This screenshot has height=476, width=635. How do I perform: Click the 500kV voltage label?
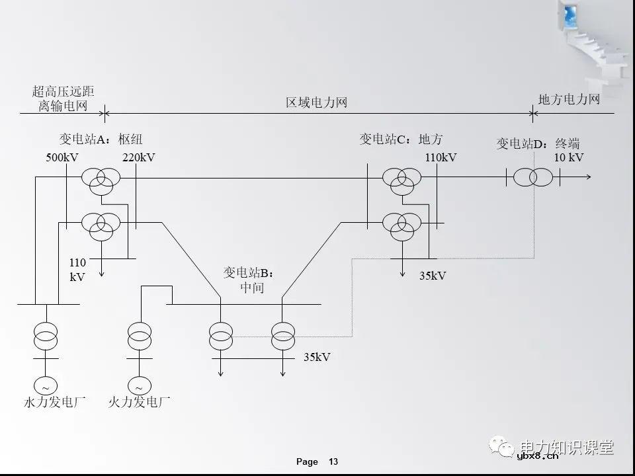(62, 158)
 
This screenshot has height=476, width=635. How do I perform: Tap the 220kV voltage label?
(138, 158)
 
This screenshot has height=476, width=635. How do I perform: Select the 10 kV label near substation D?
(568, 157)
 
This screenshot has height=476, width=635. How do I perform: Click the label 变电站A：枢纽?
(101, 139)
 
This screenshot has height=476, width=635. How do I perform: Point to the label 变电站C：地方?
(401, 139)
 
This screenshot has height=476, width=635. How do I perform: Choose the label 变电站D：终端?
(538, 143)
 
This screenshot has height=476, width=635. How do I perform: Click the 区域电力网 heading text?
(316, 103)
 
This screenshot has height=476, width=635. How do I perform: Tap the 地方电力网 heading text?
(569, 100)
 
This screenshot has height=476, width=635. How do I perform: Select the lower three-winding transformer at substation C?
(402, 225)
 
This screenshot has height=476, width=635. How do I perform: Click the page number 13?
(333, 461)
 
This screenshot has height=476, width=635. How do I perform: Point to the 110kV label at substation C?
(441, 158)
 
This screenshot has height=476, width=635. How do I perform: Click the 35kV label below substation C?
(433, 276)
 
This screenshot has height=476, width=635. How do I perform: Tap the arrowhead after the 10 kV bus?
(589, 177)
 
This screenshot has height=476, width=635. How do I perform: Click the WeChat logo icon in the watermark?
(503, 448)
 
